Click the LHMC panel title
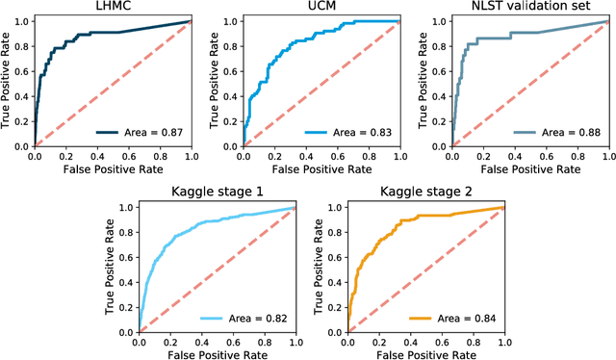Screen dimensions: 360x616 click(112, 7)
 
